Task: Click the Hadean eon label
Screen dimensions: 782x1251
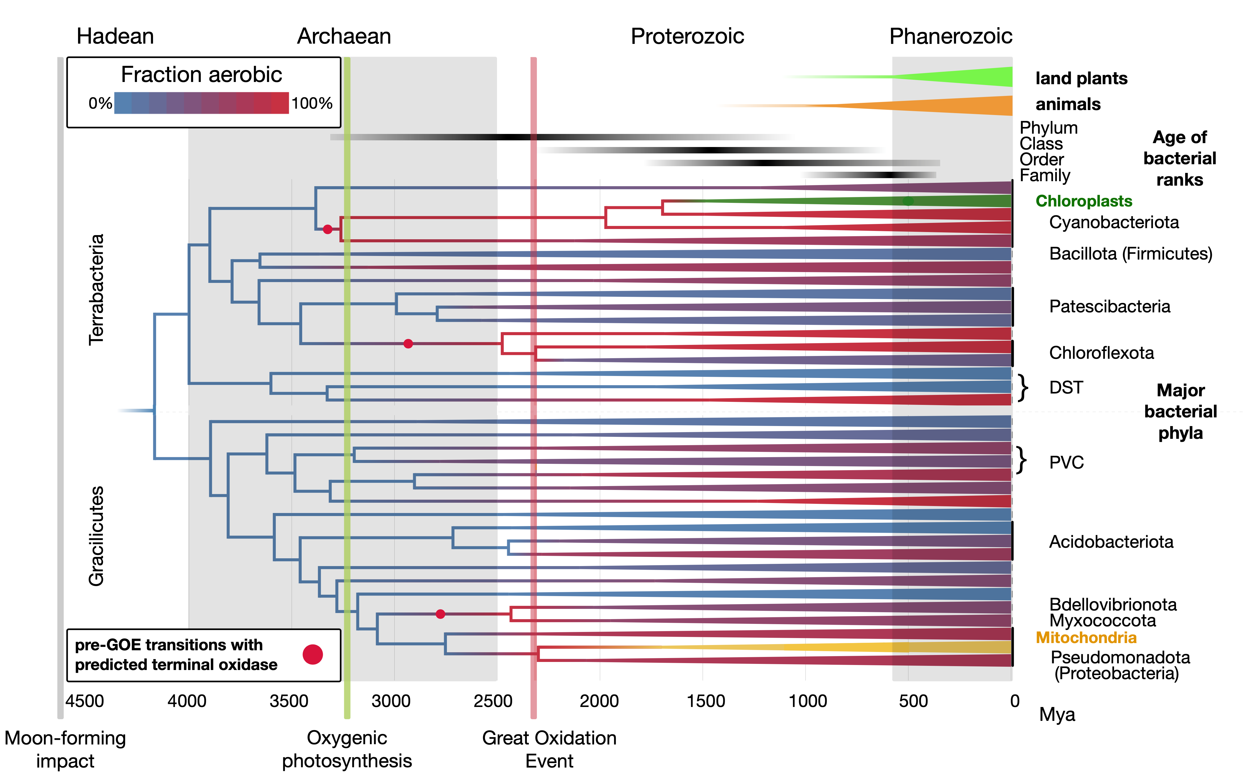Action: tap(115, 36)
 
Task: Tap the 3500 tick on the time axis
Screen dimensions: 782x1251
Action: tap(289, 701)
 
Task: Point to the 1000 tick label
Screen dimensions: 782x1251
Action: tap(807, 701)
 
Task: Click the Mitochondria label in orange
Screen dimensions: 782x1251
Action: tap(1085, 638)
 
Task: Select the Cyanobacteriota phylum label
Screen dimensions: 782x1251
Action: tap(1114, 222)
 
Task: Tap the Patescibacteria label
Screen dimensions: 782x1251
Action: tap(1109, 307)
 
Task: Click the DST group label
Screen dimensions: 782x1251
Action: tap(1066, 387)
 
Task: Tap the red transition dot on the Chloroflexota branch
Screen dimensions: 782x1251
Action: tap(408, 343)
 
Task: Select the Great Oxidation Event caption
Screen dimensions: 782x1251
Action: tap(549, 749)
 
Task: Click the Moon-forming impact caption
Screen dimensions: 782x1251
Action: tap(65, 749)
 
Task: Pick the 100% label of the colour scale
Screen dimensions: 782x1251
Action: tap(312, 103)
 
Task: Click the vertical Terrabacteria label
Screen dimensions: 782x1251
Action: tap(96, 290)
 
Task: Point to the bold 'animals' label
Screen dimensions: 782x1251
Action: tap(1068, 104)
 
